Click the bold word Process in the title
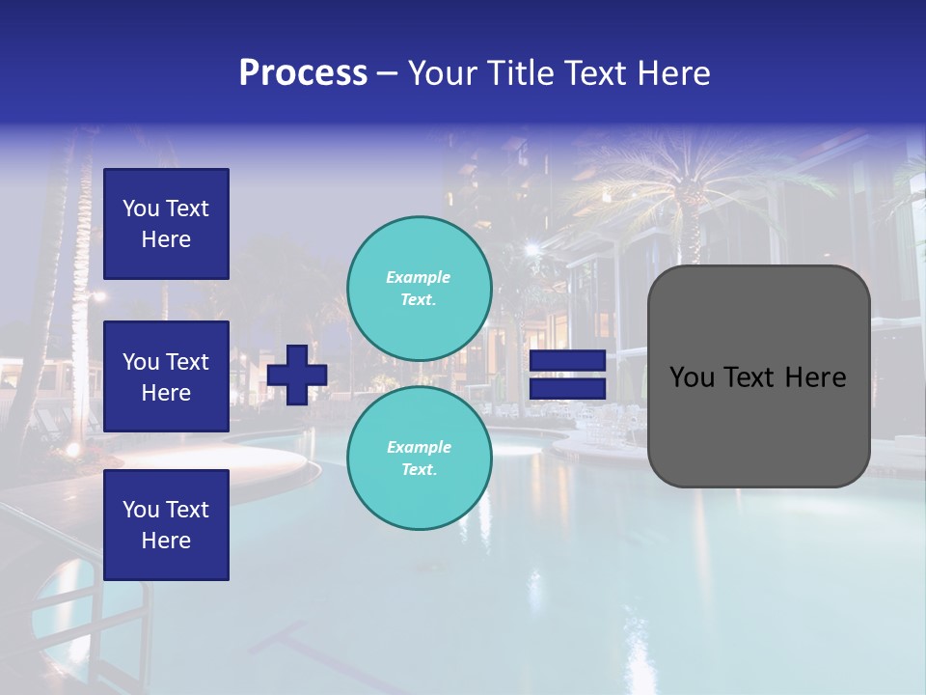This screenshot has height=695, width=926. [303, 73]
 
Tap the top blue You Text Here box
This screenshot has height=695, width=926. [166, 224]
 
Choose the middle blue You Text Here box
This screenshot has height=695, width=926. [166, 376]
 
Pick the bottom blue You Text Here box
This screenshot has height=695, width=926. [166, 525]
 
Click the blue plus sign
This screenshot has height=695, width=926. [297, 375]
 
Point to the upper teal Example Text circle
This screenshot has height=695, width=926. [420, 289]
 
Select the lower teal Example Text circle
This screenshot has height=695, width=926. [420, 459]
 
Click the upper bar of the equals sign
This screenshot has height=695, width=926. [567, 361]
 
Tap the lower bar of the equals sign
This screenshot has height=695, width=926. [567, 389]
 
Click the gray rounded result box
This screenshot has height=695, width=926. [758, 375]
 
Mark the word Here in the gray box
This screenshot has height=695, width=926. [815, 377]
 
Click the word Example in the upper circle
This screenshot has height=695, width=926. [419, 277]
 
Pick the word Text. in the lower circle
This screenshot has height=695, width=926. [419, 470]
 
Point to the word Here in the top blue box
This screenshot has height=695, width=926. [166, 239]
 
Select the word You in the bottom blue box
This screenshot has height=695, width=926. [141, 510]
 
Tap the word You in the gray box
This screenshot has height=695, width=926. [692, 377]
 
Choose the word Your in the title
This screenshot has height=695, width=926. [443, 73]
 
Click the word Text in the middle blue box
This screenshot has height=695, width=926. [187, 362]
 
